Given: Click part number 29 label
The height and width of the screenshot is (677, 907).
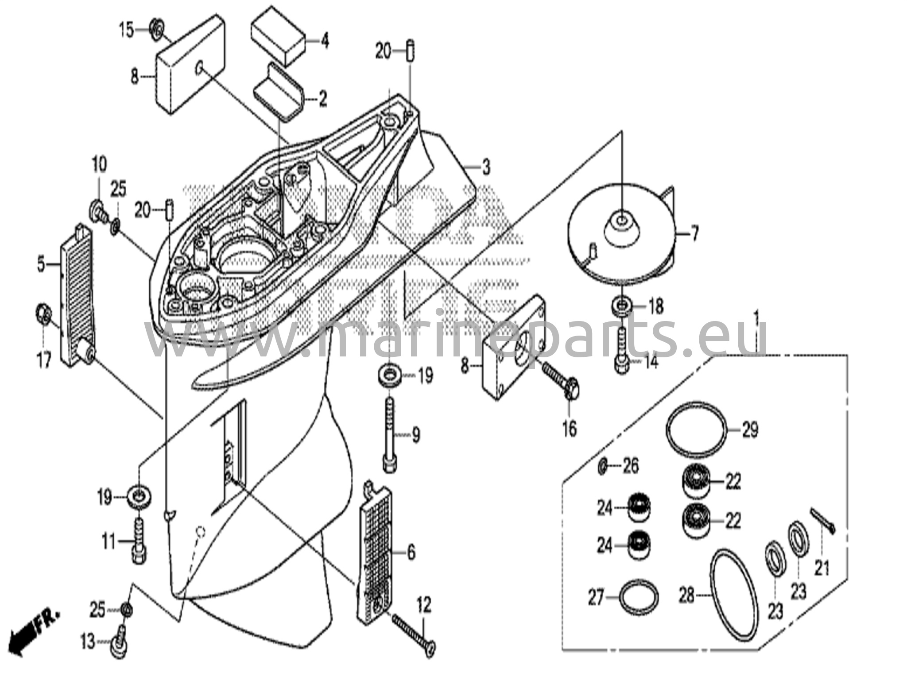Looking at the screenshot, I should (x=750, y=429).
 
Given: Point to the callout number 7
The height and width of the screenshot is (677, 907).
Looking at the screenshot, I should (x=694, y=233).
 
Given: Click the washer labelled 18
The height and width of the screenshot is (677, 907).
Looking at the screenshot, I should (x=622, y=306).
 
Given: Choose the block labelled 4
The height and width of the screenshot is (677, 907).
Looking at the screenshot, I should (x=279, y=41).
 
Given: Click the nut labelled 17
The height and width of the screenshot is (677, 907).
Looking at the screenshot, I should (x=43, y=314).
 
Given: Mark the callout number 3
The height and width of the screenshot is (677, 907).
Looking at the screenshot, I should (x=486, y=167).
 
